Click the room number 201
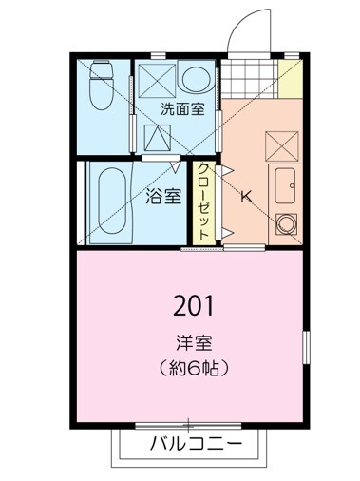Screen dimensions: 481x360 [195, 305]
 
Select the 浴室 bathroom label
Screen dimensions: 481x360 [163, 198]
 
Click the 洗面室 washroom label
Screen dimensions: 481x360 [181, 109]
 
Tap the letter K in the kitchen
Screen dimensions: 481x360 [245, 198]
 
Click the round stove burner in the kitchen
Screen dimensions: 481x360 [284, 223]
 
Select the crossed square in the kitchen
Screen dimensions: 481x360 [283, 144]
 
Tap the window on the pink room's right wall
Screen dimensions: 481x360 [305, 346]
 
